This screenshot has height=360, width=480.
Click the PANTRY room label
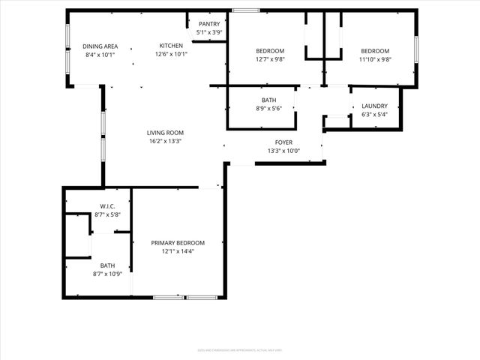coord(209,24)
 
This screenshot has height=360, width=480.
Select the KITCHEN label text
coord(172,46)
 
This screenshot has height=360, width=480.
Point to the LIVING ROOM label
coord(165,133)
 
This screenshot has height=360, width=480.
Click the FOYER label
coord(284,142)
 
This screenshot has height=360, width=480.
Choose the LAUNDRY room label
coord(374,106)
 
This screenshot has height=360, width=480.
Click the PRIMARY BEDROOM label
coord(178,243)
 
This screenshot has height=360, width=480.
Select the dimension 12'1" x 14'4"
coord(178,251)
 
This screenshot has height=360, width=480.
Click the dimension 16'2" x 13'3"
coord(165,141)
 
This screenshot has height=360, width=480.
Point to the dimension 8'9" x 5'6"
coord(269,108)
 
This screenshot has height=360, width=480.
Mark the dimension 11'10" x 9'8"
coord(375,59)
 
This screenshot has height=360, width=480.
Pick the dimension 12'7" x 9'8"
coord(270,59)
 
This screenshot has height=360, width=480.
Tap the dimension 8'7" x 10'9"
coord(107,274)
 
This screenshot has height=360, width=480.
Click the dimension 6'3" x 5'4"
coord(374,115)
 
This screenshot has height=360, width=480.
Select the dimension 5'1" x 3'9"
coord(209,32)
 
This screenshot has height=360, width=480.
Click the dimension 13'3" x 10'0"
coord(284,150)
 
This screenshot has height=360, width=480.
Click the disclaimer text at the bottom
coord(239,349)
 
